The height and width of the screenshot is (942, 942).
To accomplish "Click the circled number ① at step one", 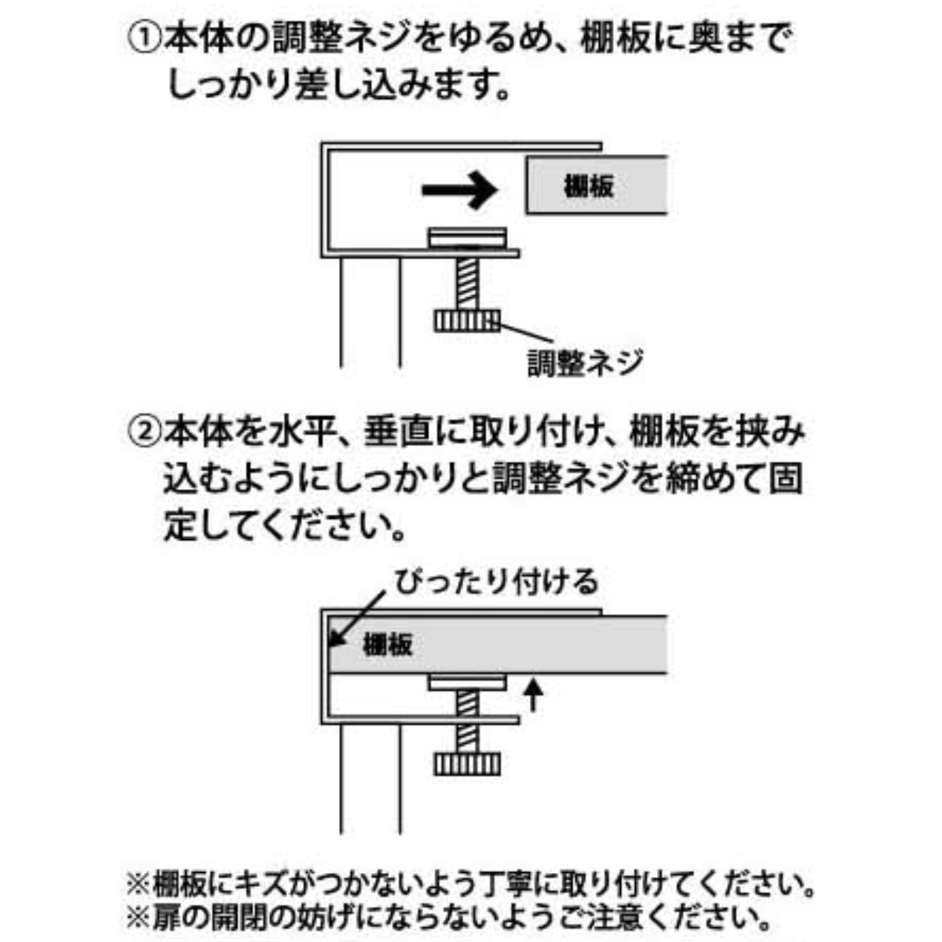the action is pos(144,39).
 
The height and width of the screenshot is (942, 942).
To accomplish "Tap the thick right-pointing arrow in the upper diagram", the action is pos(459,191).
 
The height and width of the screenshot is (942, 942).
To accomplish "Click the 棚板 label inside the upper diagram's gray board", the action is pos(588,186).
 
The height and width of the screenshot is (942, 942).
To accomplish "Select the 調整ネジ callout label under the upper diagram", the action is pos(585,363).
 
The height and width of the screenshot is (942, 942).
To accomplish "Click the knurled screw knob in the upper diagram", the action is pos(467,322).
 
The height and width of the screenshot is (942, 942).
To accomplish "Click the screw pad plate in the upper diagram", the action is pos(467,238).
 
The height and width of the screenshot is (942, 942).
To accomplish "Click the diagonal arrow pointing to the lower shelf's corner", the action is pos(357,618).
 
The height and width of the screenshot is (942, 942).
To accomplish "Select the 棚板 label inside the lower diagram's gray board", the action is pos(388,644).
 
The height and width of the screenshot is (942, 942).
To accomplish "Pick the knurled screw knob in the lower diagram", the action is pos(467,764).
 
